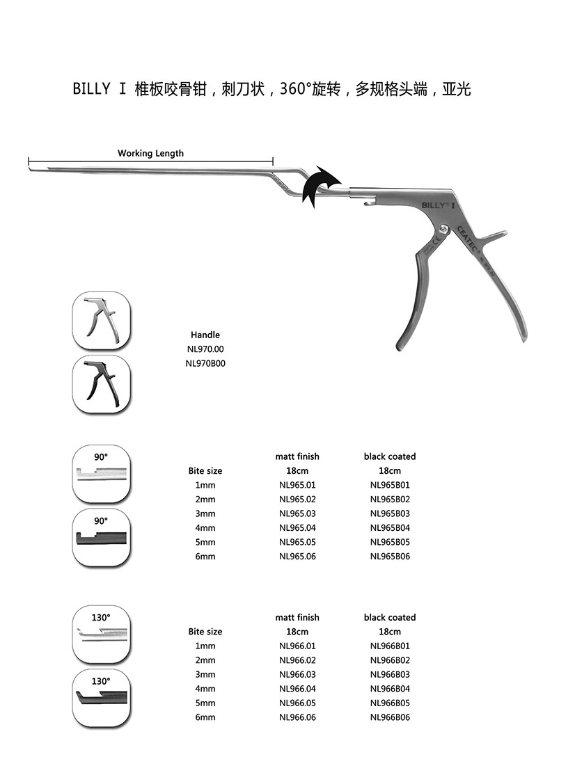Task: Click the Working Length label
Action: pyautogui.click(x=150, y=153)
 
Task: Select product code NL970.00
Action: pyautogui.click(x=205, y=349)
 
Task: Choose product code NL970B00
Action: pyautogui.click(x=205, y=363)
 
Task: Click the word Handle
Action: pyautogui.click(x=205, y=335)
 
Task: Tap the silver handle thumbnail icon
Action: pyautogui.click(x=102, y=321)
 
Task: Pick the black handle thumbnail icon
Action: pyautogui.click(x=102, y=384)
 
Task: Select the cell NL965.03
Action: pyautogui.click(x=297, y=514)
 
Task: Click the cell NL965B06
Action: pyautogui.click(x=390, y=557)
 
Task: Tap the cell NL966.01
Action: pyautogui.click(x=297, y=646)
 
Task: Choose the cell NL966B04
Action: pyautogui.click(x=390, y=689)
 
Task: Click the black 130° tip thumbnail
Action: pyautogui.click(x=102, y=699)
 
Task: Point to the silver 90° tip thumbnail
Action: pyautogui.click(x=102, y=474)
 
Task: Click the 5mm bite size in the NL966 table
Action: pyautogui.click(x=205, y=703)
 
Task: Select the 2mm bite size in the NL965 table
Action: pyautogui.click(x=205, y=500)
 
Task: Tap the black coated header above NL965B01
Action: pyautogui.click(x=390, y=457)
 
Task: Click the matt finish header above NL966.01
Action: pyautogui.click(x=297, y=618)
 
